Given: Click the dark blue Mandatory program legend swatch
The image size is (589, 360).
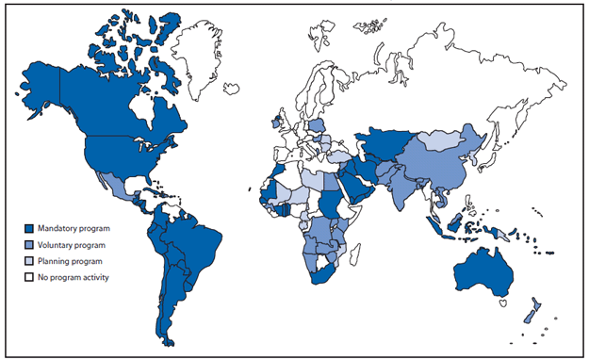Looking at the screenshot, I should tap(29, 229).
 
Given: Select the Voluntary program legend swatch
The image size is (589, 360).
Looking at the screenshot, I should tap(29, 244).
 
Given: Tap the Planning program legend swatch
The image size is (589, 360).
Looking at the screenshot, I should tap(29, 260).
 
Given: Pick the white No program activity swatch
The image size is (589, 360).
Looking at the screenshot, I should tap(29, 276).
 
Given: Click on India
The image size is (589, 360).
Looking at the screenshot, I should tap(406, 188).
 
